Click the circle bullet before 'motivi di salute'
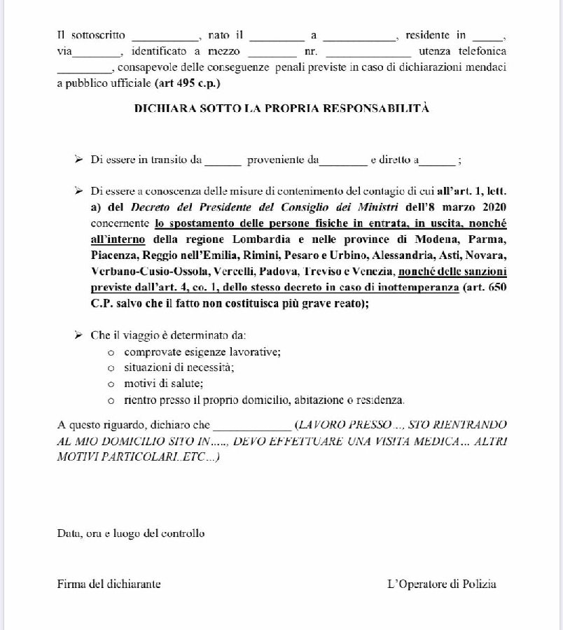click(111, 384)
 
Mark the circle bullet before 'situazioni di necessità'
click(111, 368)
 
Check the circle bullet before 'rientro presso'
click(111, 400)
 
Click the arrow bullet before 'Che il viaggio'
click(78, 335)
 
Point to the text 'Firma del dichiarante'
click(109, 584)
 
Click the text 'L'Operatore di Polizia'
click(442, 584)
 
